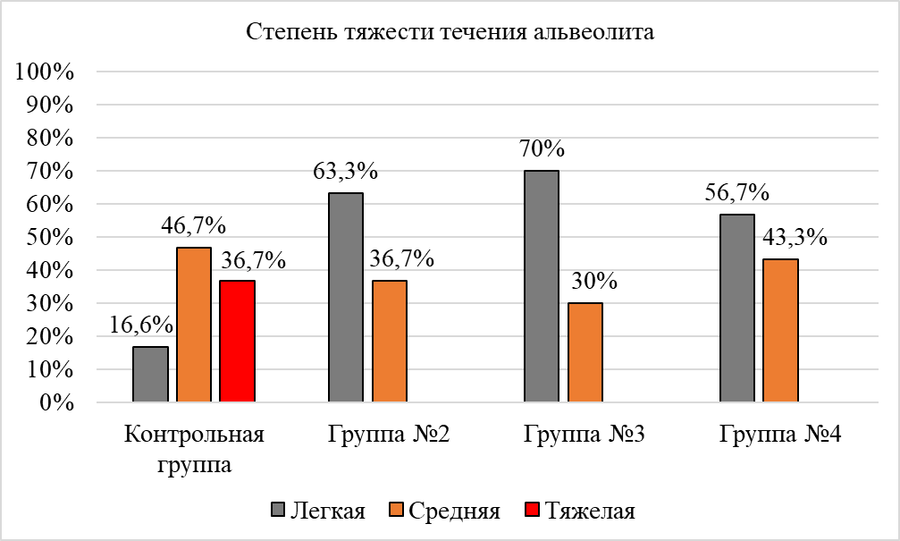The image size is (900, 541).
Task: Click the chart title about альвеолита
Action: coord(450,34)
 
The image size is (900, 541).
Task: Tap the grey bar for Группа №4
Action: coord(737,309)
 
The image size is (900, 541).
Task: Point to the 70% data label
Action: coord(542,148)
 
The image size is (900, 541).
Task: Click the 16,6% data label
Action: coord(143,324)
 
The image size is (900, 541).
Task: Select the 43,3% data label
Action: coord(793,239)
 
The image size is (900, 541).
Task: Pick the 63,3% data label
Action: coord(346,170)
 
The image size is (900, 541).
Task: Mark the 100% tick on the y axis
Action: coord(44,72)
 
